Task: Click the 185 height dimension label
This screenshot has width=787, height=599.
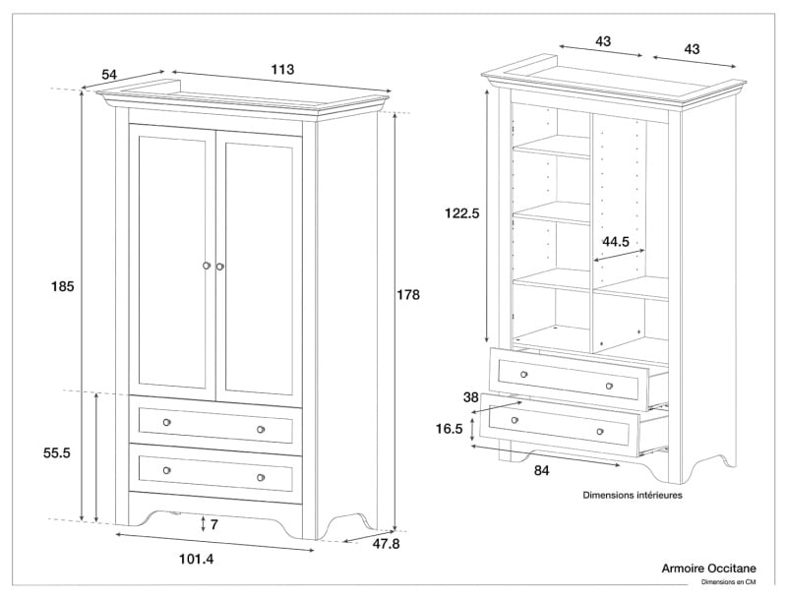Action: [62, 286]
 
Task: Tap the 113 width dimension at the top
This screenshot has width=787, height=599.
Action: [282, 69]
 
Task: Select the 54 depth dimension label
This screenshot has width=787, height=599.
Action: [109, 75]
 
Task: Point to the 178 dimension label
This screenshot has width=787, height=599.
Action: [408, 295]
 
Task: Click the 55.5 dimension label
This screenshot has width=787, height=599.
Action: [57, 453]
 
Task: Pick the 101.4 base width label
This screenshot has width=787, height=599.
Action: [196, 559]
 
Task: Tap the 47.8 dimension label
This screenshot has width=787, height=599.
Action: [386, 543]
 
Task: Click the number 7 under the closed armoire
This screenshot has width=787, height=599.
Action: [214, 525]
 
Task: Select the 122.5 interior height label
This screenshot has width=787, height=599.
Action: [462, 213]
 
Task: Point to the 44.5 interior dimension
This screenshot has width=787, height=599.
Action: [616, 242]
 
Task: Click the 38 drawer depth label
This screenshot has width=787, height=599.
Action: [471, 397]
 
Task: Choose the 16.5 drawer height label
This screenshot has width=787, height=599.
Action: [450, 429]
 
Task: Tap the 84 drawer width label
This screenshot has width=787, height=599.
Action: [542, 470]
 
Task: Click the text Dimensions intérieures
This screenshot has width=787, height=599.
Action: [633, 495]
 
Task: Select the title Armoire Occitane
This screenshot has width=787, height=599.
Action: [708, 569]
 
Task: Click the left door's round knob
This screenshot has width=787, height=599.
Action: [207, 266]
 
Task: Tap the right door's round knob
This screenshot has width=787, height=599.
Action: [219, 267]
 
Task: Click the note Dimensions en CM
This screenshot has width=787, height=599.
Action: [728, 582]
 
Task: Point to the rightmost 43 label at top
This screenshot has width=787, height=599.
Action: [692, 49]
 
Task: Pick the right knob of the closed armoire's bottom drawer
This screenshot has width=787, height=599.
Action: [261, 478]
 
